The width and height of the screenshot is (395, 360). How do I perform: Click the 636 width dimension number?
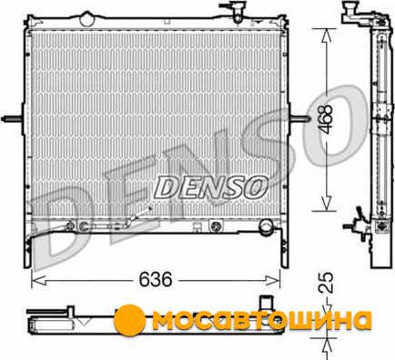pyautogui.click(x=156, y=279)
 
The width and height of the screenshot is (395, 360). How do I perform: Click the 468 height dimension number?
pyautogui.click(x=327, y=120)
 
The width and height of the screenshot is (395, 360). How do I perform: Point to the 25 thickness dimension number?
pyautogui.click(x=326, y=283)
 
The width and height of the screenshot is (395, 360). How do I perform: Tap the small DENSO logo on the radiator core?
pyautogui.click(x=210, y=188)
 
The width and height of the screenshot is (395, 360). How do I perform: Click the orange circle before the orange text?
pyautogui.click(x=129, y=320)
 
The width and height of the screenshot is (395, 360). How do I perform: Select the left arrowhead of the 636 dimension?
pyautogui.click(x=38, y=280)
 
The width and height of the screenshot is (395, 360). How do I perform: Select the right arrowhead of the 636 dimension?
pyautogui.click(x=272, y=280)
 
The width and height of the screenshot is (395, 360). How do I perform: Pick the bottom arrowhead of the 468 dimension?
pyautogui.click(x=326, y=203)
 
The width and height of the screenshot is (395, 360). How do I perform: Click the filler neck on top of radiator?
pyautogui.click(x=234, y=11)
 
